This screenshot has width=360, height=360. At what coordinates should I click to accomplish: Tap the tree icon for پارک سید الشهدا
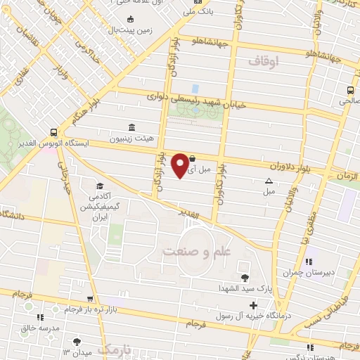244,278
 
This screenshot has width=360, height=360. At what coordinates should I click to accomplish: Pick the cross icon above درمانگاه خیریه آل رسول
253,305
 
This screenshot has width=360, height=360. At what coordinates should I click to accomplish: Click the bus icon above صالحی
349,90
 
